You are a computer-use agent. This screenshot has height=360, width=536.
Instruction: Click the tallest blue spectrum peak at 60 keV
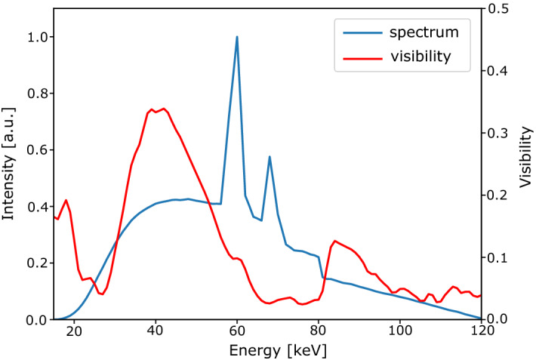point(237,37)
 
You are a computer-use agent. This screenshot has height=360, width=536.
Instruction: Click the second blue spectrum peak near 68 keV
point(270,157)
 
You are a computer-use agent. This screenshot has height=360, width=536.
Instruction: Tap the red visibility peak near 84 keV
point(334,241)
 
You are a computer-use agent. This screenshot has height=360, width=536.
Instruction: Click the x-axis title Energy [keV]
point(267,349)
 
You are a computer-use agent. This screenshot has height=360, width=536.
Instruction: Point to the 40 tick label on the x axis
point(156,332)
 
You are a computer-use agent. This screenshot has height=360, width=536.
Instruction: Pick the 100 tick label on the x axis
point(399,332)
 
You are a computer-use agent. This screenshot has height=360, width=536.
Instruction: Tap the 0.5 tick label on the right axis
point(499,9)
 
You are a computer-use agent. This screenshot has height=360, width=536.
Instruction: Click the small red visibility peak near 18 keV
point(66,200)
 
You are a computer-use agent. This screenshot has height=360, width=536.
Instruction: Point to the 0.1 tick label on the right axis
point(499,257)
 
